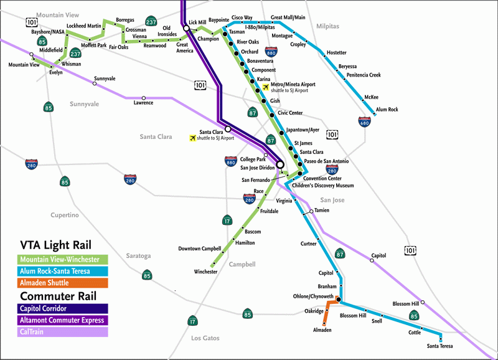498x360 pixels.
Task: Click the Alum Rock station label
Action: [x=387, y=110]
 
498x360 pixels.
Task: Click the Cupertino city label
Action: [x=65, y=215]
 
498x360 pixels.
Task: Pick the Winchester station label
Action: [x=205, y=272]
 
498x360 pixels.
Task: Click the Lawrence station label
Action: [x=143, y=103]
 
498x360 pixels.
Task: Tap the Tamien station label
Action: [x=322, y=211]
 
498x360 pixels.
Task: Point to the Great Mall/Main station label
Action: [x=288, y=18]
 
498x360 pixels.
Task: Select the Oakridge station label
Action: [x=314, y=311]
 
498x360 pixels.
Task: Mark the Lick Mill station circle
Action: [x=186, y=27]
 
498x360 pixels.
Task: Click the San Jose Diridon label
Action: [x=258, y=168]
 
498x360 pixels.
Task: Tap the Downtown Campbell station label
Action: [x=199, y=249]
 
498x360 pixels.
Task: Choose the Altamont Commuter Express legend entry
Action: [x=63, y=320]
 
